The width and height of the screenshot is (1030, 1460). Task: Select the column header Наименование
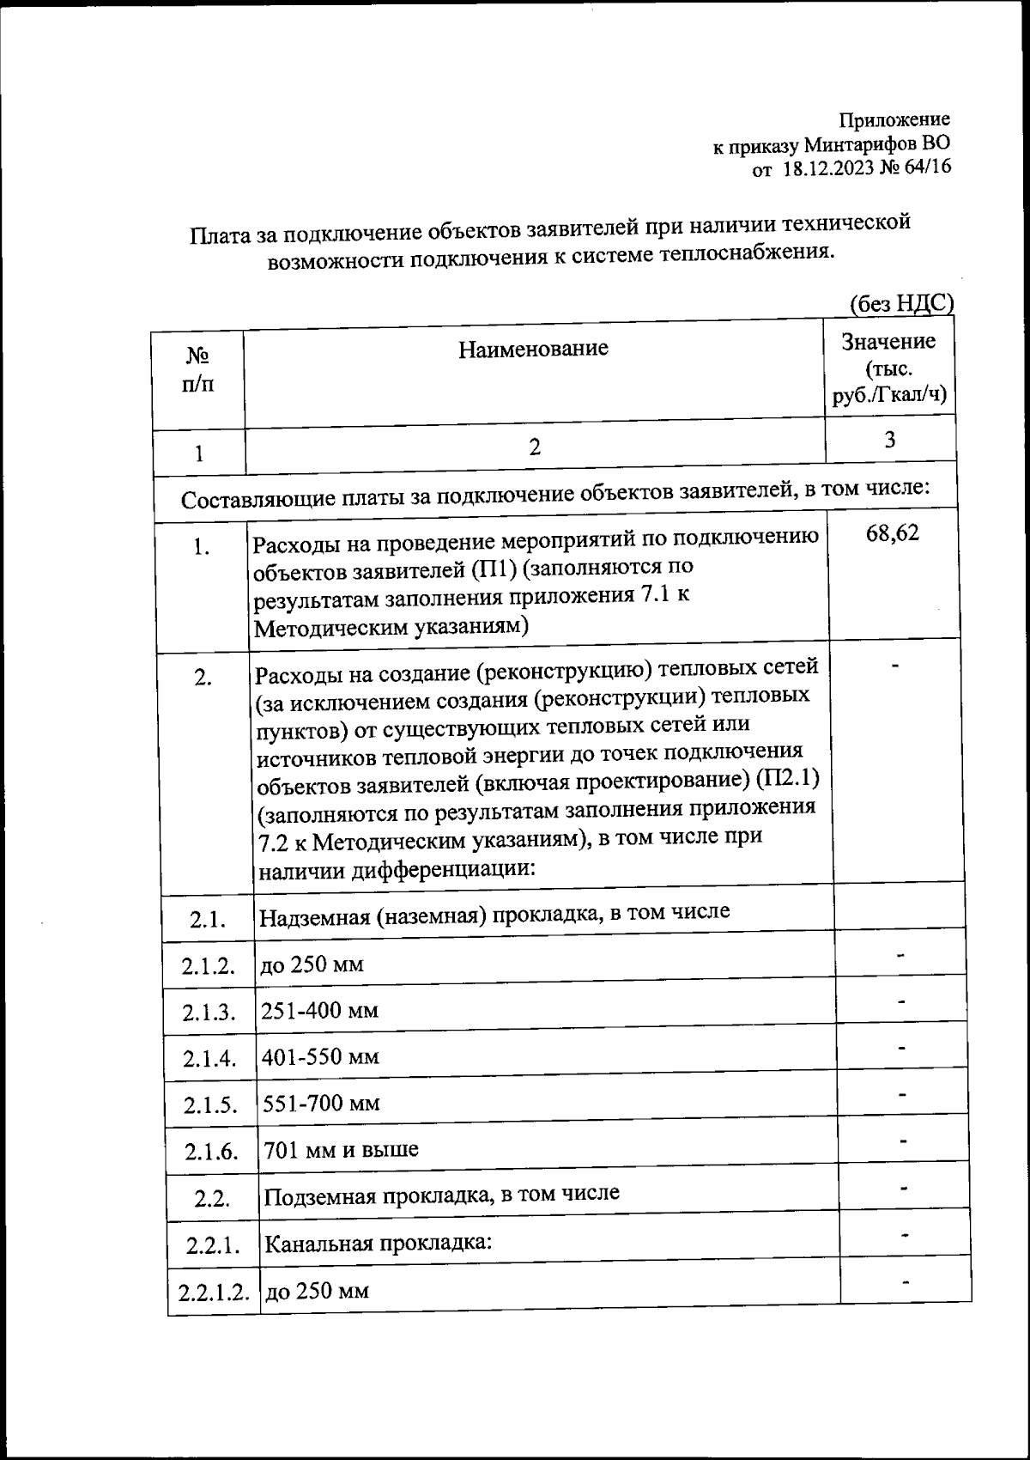click(533, 348)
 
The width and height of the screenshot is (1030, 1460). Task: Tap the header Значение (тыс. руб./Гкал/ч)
click(889, 368)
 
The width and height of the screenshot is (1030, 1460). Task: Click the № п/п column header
click(198, 369)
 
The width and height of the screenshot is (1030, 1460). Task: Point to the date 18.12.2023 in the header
click(827, 169)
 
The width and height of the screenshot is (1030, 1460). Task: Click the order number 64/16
click(926, 168)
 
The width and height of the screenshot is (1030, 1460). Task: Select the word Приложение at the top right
click(894, 120)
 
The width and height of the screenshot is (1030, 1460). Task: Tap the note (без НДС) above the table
click(901, 303)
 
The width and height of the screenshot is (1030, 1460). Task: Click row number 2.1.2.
click(209, 965)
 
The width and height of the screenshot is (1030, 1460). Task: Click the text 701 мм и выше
click(341, 1149)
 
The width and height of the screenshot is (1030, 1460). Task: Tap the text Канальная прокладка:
click(378, 1243)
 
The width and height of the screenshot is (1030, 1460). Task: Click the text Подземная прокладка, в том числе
click(441, 1194)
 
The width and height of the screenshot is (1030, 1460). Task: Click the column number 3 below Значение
click(890, 440)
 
